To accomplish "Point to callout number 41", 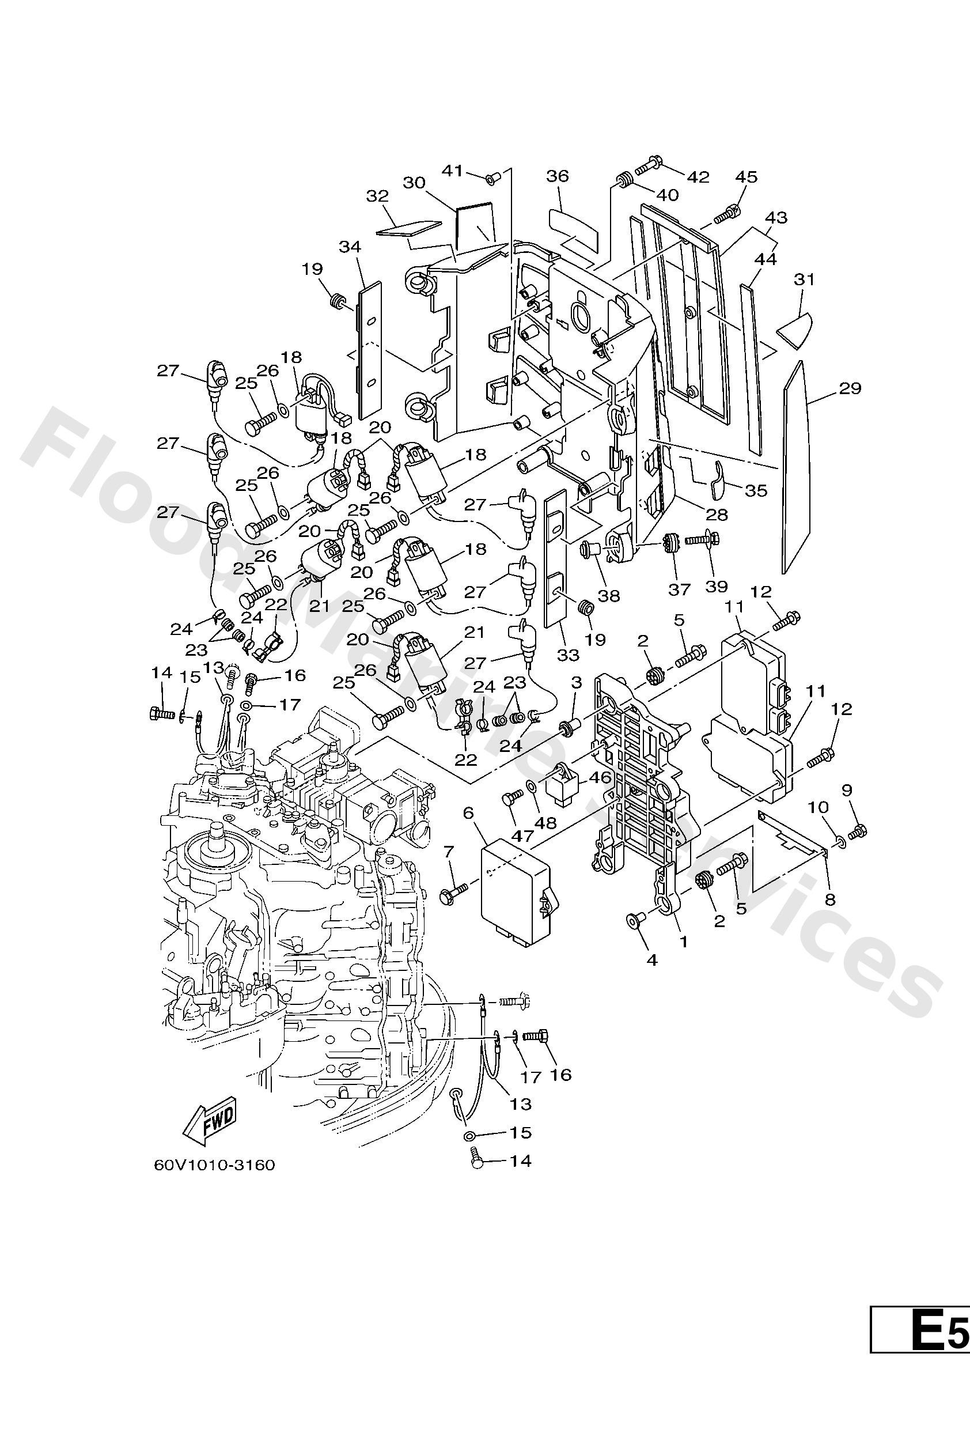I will click(453, 170).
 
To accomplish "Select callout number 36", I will click(558, 176).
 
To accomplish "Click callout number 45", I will click(747, 176).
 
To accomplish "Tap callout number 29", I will click(851, 388).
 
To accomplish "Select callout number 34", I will click(350, 247).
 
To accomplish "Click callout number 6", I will click(468, 813).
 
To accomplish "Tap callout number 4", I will click(652, 959).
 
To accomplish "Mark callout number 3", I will click(576, 683).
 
